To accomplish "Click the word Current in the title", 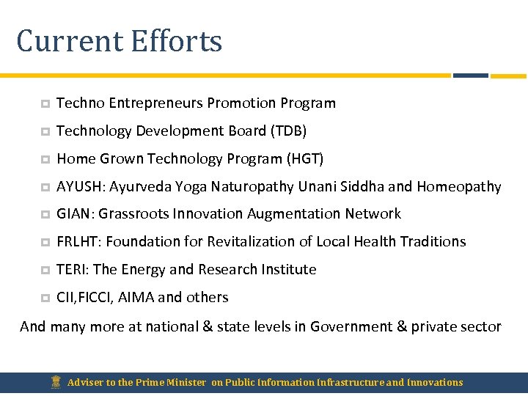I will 69,41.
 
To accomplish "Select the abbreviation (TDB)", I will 288,131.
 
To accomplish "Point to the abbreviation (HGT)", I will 304,159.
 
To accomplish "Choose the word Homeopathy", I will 459,187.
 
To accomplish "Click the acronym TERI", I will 72,270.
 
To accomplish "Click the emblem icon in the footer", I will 55,382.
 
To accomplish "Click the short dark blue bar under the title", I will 470,75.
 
